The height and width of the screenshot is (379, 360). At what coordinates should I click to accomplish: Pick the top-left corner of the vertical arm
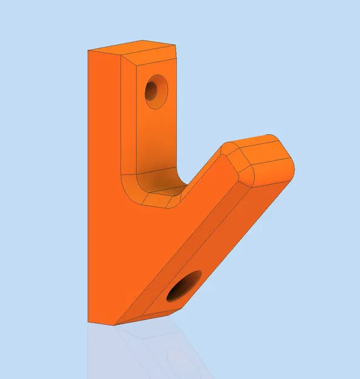(88, 52)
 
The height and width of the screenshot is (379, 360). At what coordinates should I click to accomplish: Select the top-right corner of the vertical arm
(177, 47)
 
